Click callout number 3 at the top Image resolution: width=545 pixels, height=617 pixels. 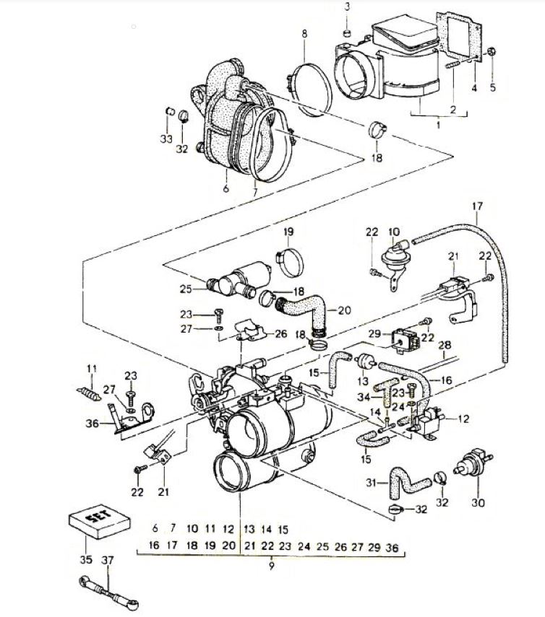(x=346, y=7)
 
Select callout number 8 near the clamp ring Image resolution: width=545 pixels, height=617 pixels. (x=304, y=34)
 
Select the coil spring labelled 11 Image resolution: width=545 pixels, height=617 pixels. (x=88, y=395)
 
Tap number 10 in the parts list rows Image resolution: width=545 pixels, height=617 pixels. (x=192, y=529)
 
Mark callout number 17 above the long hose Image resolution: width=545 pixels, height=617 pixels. (x=476, y=206)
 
